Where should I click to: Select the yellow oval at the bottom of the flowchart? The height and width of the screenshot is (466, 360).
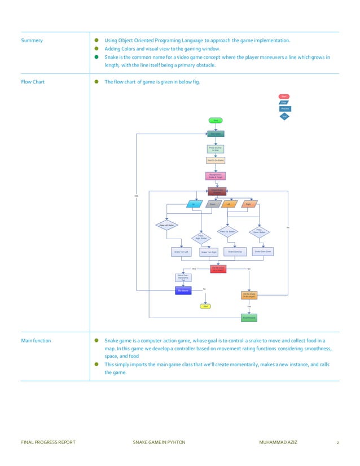pos(206,306)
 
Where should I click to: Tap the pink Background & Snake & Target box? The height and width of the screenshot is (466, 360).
pos(216,175)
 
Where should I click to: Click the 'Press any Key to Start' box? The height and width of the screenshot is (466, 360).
pos(216,149)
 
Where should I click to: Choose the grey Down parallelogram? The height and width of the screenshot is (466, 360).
pos(213,204)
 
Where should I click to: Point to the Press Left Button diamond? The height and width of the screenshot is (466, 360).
pos(165,225)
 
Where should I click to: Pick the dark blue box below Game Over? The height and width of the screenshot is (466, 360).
pos(183,291)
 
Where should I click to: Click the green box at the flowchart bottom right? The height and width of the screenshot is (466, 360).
pos(249,318)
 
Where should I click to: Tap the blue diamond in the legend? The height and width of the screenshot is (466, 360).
pos(285,116)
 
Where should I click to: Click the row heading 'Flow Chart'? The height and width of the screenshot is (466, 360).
pos(33,82)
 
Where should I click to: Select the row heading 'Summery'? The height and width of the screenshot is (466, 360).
pos(32,41)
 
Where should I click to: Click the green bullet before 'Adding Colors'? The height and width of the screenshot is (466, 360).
pos(96,49)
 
